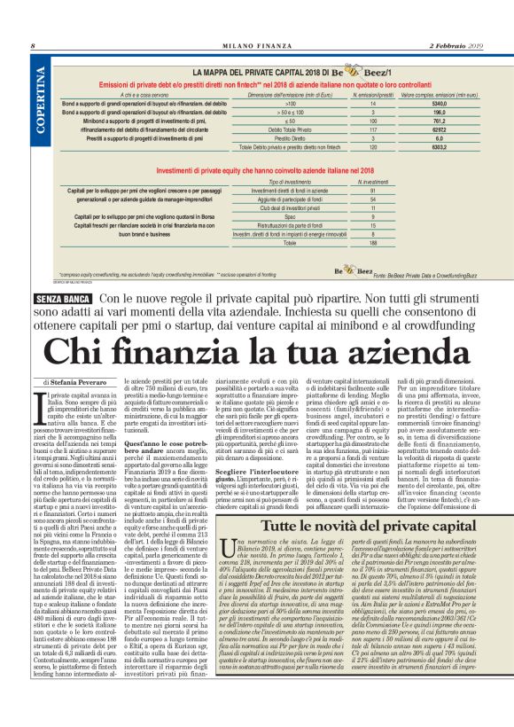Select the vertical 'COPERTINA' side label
tap(42, 106)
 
